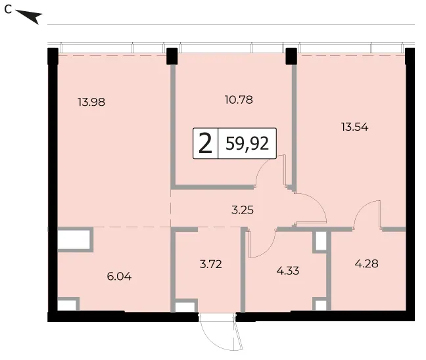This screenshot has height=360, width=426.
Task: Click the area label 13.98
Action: coord(91,102)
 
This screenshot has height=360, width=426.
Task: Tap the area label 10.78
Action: coord(239,100)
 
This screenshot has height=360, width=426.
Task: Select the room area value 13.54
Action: coord(354,127)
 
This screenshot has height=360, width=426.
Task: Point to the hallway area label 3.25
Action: coord(243,210)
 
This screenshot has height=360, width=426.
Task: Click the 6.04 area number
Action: coord(119,277)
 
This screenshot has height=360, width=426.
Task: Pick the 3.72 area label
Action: coord(210,264)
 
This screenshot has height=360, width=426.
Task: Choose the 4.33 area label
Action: coord(288,271)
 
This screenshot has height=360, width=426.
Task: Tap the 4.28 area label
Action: coord(366,263)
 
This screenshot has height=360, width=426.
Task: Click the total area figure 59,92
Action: coord(247,143)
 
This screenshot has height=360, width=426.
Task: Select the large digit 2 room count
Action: coord(205,144)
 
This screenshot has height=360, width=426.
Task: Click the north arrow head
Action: coord(33,17)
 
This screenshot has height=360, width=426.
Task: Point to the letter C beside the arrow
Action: coord(8,9)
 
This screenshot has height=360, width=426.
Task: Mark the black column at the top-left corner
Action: coord(53,56)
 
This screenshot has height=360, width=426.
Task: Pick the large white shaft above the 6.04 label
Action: coord(74,240)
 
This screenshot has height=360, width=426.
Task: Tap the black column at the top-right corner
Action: coord(410,56)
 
